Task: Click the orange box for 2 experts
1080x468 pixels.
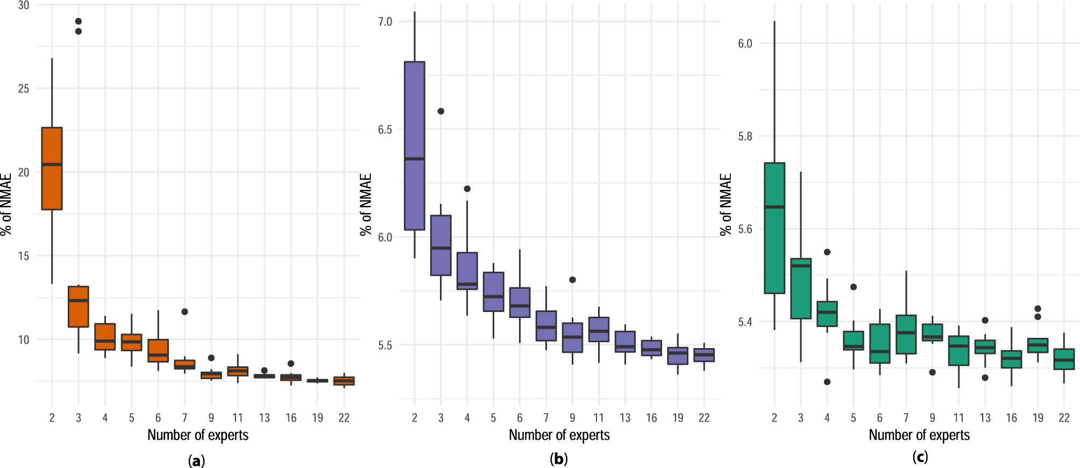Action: coord(52,168)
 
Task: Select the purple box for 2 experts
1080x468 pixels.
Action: coord(414,146)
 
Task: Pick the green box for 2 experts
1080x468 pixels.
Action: coord(774,228)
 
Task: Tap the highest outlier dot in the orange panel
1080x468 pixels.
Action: coord(79,22)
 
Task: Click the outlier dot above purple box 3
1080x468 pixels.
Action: coord(440,111)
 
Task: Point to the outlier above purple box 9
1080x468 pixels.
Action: coord(572,280)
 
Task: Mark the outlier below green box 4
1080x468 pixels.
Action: coord(827,382)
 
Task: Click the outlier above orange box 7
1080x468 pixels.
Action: coord(184,311)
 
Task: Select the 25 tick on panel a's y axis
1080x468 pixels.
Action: coord(24,89)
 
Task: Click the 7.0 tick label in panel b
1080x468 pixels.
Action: coord(385,22)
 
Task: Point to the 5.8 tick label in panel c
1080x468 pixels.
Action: coord(745,137)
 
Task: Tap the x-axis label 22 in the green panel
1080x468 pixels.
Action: coord(1064,418)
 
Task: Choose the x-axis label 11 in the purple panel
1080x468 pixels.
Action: coord(599,418)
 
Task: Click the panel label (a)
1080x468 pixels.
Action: coord(197,460)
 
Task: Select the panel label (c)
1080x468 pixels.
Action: coord(920,457)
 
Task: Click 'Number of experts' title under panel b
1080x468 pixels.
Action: coord(559,435)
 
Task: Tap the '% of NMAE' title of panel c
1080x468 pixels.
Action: coord(726,204)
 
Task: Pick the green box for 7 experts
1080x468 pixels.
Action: coord(906,334)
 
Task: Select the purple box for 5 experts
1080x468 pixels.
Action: coord(493,292)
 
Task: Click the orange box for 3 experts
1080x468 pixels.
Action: coord(79,307)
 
